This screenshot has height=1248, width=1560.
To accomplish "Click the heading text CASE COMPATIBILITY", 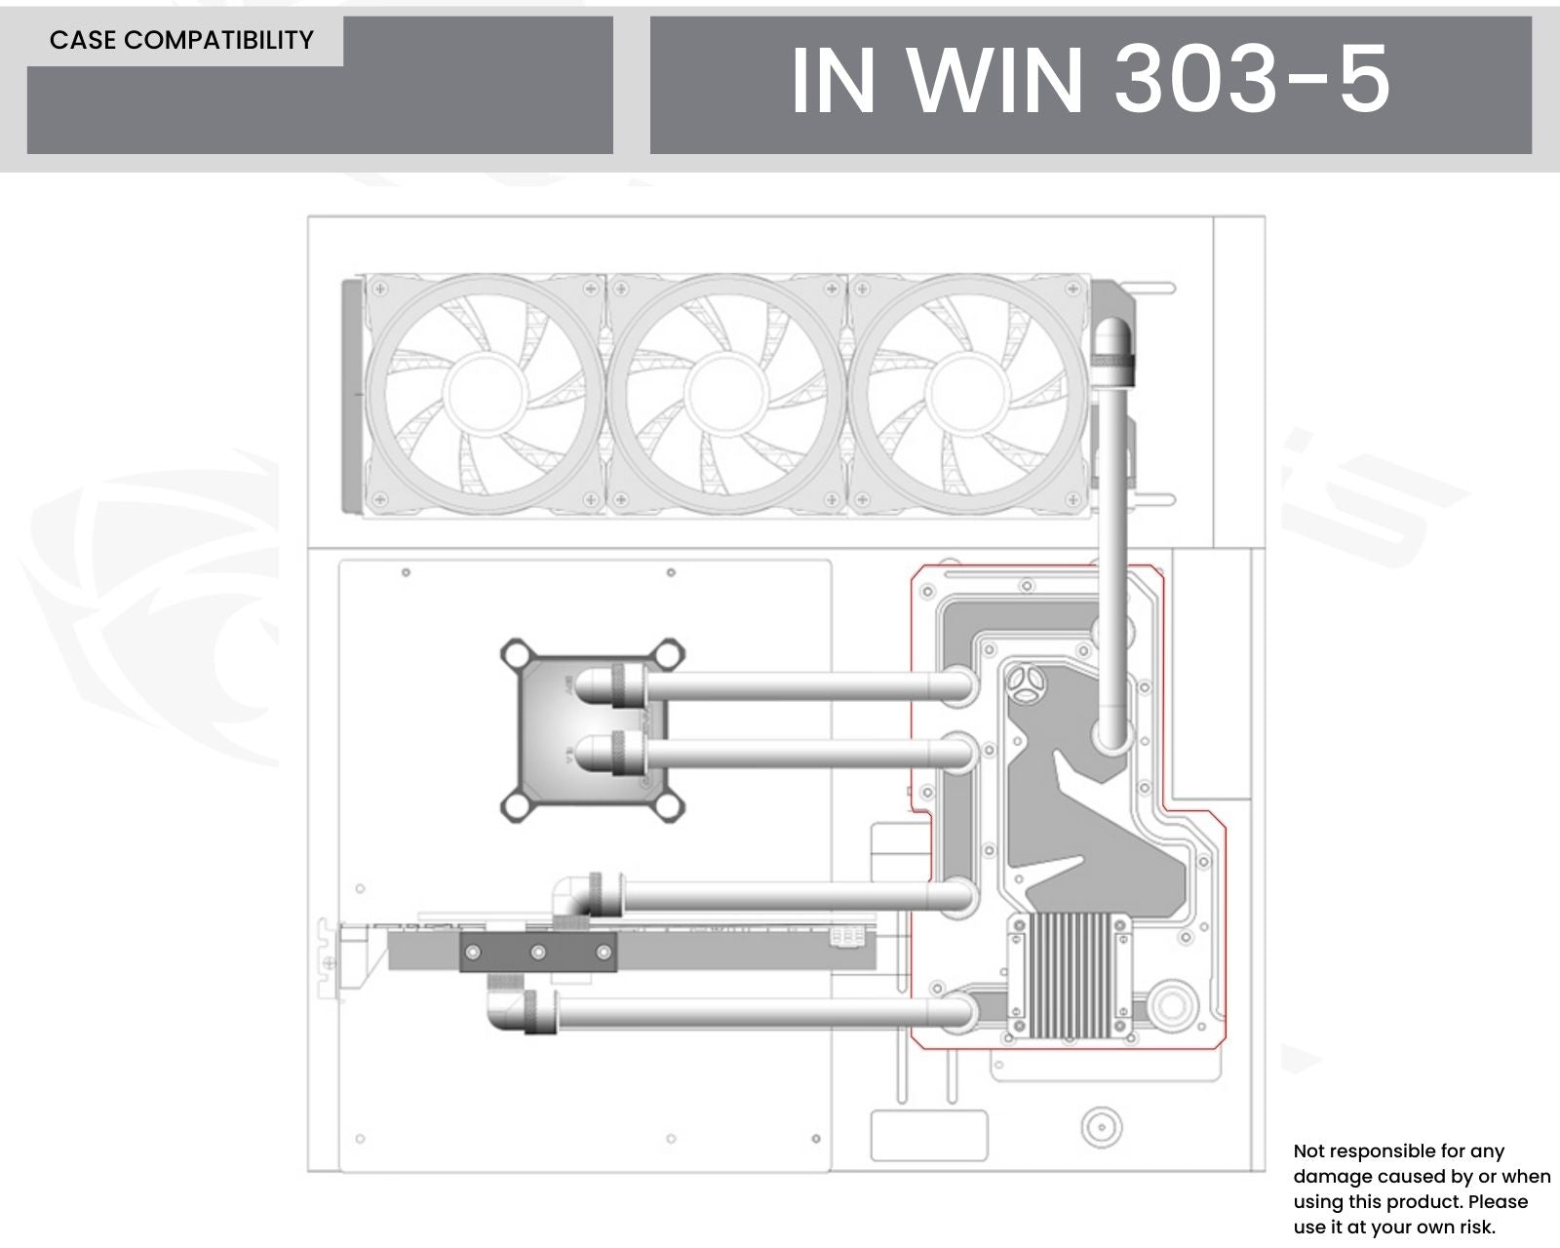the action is tap(181, 40).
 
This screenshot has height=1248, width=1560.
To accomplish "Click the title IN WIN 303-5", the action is tap(1090, 80).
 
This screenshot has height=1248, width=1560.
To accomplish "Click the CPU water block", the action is tap(592, 730).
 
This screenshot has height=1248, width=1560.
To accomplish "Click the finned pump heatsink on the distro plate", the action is tap(1070, 975).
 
